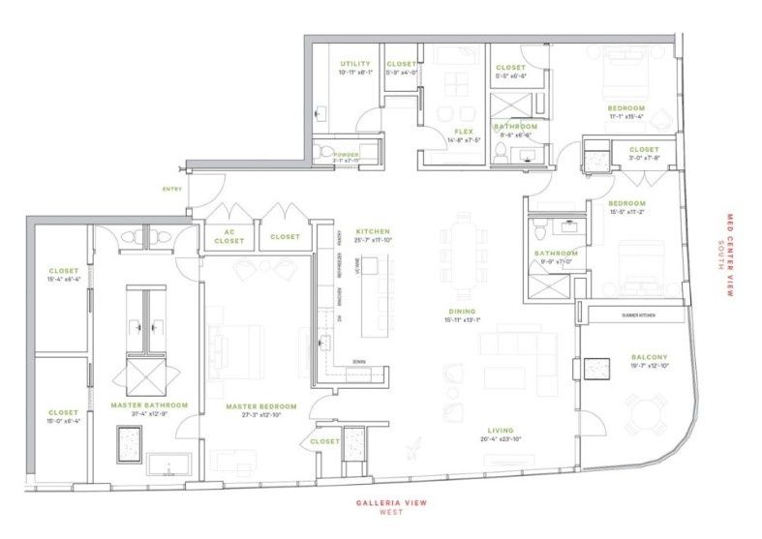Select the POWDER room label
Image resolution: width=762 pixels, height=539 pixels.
[346, 154]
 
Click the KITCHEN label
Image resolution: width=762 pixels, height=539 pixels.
[373, 231]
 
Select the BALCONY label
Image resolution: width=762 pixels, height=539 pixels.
[649, 357]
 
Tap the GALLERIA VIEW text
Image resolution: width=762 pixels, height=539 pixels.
[390, 503]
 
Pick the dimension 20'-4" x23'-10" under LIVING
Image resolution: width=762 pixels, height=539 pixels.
[500, 440]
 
